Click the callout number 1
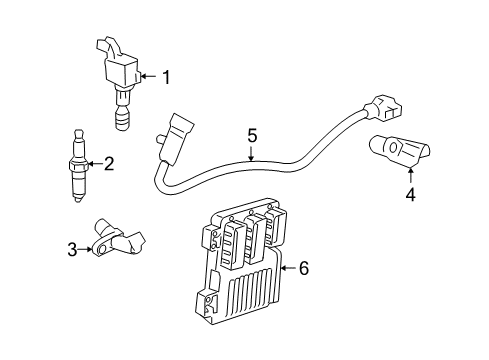coord(166,77)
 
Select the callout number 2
coord(109,164)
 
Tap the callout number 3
coord(72,249)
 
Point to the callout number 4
coord(411,194)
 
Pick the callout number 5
coord(252,136)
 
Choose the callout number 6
coord(304,268)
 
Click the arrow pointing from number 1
coord(148,76)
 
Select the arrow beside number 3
coord(85,249)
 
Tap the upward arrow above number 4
coord(411,176)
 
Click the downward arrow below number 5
coord(251,154)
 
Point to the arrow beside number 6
coord(288,268)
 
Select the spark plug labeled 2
coord(78,166)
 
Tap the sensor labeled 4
coord(399,149)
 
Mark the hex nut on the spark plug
coord(78,166)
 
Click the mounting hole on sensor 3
coord(103,249)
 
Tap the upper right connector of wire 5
coord(383,109)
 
